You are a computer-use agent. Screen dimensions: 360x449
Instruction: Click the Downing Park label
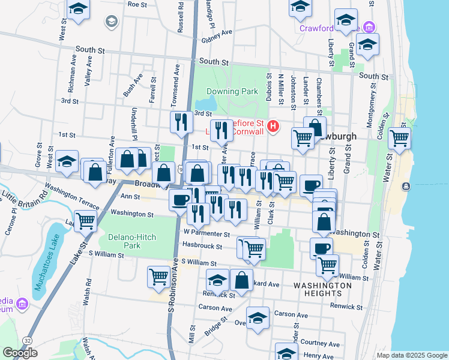tap(232, 92)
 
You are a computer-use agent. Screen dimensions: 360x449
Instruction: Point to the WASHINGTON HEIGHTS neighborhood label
tap(323, 290)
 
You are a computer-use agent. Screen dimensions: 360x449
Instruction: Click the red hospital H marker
tap(274, 127)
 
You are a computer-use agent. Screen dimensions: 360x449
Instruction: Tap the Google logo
tap(20, 353)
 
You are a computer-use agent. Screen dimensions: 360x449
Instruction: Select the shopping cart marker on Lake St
tap(86, 221)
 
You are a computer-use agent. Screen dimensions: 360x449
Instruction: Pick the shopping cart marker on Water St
tap(399, 139)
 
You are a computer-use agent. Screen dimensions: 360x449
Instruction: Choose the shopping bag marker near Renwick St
tap(241, 281)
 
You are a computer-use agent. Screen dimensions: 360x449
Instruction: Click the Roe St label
tap(137, 4)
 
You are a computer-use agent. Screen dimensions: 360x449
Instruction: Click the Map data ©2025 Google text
tap(412, 355)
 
